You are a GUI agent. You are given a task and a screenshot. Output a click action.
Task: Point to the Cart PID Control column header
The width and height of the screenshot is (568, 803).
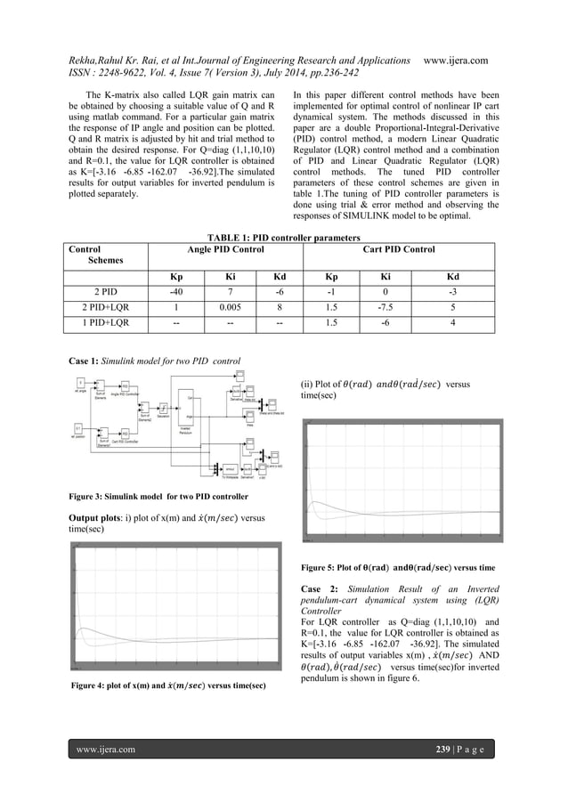399,250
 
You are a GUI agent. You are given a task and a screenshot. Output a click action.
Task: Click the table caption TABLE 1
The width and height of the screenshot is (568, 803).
283,238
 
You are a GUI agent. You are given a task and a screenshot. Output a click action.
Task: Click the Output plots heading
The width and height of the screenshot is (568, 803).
101,517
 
